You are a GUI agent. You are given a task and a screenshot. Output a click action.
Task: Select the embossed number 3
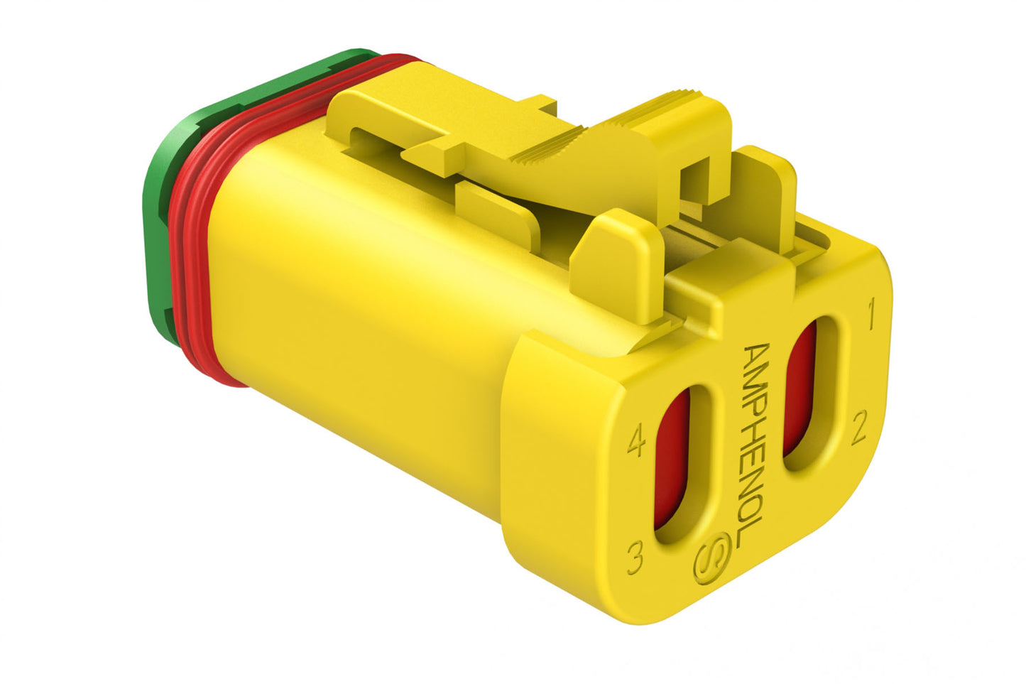click(635, 558)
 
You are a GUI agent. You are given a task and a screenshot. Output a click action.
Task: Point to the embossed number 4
click(637, 445)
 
